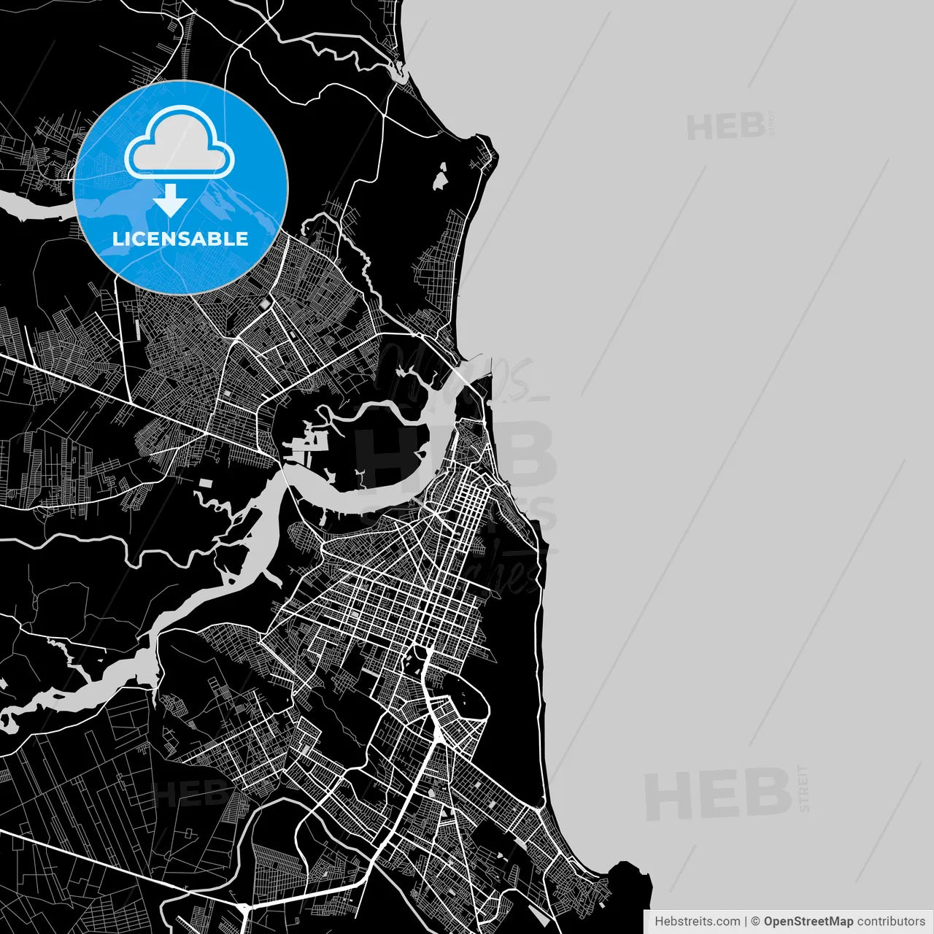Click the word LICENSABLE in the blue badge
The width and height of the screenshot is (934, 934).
coord(180,239)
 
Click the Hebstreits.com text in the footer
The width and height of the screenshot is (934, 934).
coord(697,922)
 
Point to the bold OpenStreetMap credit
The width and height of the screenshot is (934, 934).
coord(808,922)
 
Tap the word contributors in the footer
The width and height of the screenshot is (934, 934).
coord(891,922)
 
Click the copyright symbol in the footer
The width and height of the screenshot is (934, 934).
coord(755,922)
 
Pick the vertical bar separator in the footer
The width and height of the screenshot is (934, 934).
coord(745,922)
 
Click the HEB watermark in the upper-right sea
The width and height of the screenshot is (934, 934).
coord(725,127)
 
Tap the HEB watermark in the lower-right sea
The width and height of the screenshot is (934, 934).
coord(718,795)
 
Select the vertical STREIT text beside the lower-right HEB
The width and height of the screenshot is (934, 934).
coord(804,789)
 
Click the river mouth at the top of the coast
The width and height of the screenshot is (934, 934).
coord(399,72)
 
